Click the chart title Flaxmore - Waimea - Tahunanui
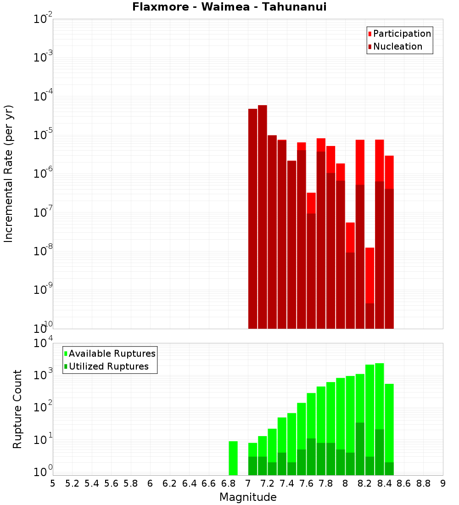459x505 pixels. point(229,7)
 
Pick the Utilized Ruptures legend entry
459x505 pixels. point(108,366)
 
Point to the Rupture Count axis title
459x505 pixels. point(17,409)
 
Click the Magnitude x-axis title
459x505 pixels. point(248,497)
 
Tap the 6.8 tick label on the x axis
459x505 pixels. point(228,483)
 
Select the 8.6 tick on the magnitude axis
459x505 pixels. point(404,483)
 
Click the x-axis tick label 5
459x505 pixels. point(53,483)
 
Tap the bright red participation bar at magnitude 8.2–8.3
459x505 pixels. point(370,275)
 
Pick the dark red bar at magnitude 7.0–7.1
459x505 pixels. point(252,219)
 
